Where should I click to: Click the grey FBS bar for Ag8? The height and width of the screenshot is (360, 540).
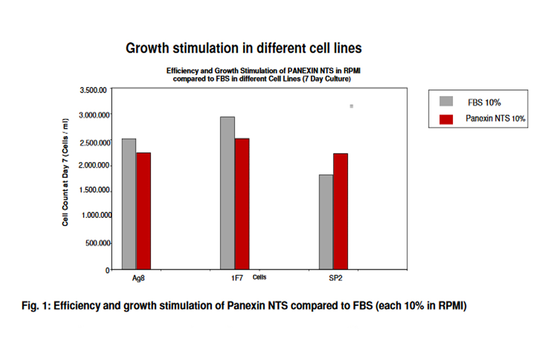click(129, 203)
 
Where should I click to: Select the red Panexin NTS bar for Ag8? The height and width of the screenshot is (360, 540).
click(143, 210)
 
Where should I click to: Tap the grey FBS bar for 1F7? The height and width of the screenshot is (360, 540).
click(227, 193)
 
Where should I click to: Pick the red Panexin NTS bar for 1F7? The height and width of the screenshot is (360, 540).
click(242, 203)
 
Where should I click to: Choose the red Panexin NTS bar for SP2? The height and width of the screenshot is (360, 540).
click(340, 211)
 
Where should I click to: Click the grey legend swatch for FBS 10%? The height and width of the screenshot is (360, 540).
click(447, 101)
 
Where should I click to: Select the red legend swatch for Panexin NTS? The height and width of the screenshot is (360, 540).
click(447, 118)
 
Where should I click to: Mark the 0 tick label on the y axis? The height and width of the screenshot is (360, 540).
click(108, 269)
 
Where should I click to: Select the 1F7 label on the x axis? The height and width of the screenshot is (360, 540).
click(235, 279)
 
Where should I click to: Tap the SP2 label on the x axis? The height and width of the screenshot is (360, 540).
click(335, 279)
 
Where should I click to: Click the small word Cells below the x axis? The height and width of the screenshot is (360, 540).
click(260, 278)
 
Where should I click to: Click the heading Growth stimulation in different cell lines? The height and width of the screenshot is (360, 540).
click(244, 47)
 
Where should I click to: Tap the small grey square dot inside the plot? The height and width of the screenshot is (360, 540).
click(352, 106)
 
